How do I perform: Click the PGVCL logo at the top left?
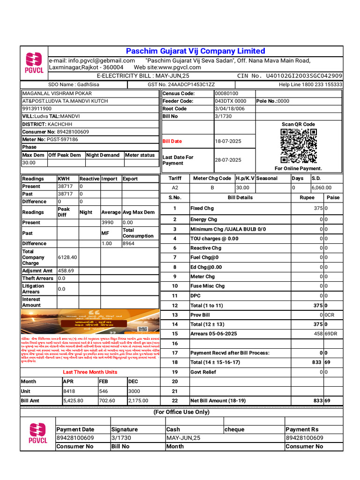click(x=34, y=63)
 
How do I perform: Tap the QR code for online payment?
click(x=299, y=145)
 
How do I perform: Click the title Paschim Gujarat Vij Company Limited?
click(x=195, y=51)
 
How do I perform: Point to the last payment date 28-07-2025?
click(x=228, y=160)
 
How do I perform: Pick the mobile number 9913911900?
click(x=37, y=108)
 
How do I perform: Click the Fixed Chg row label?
click(x=202, y=208)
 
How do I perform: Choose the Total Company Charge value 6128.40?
click(x=67, y=257)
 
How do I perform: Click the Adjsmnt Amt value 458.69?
click(x=66, y=270)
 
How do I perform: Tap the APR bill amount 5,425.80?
click(x=73, y=401)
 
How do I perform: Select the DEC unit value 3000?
click(x=134, y=391)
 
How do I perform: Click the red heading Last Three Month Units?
click(x=90, y=372)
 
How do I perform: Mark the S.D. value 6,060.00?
click(x=322, y=187)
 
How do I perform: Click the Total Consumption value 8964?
click(x=128, y=243)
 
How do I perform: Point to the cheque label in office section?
click(x=234, y=429)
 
